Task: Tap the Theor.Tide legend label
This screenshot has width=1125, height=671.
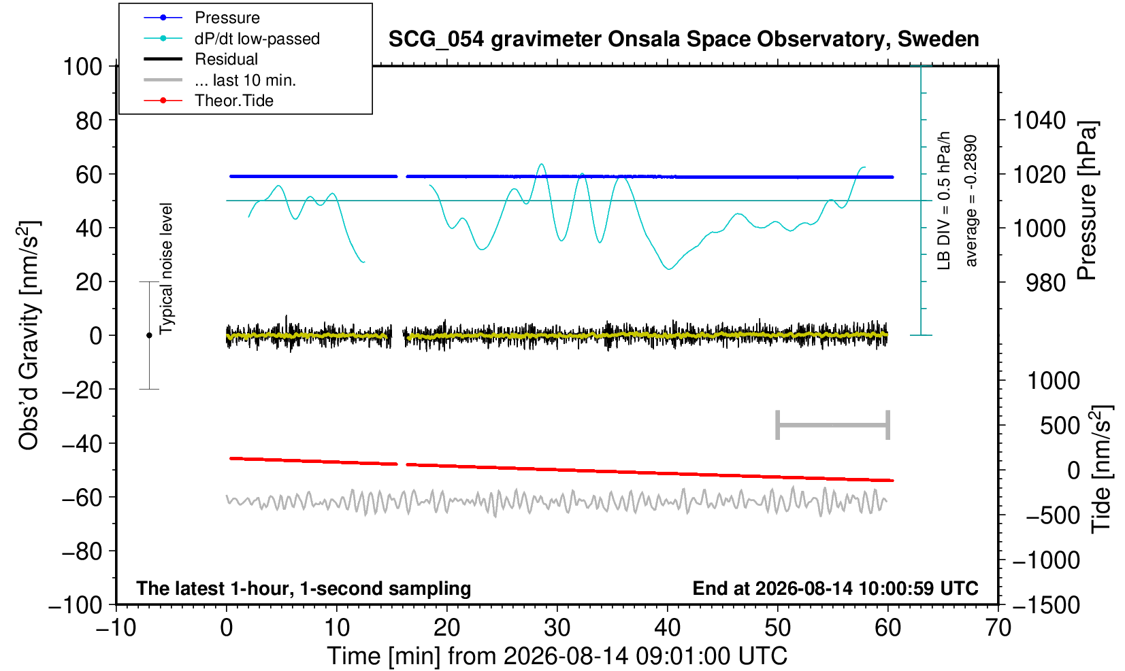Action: [234, 101]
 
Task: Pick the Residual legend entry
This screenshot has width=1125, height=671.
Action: [226, 59]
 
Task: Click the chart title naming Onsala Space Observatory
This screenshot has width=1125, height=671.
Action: [683, 39]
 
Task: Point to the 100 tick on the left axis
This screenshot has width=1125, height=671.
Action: [82, 67]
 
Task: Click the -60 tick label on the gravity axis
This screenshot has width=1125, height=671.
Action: [82, 498]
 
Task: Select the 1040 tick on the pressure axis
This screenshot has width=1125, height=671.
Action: [1039, 120]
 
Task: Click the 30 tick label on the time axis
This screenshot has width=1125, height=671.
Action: [557, 628]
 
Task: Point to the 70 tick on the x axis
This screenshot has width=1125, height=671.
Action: [998, 628]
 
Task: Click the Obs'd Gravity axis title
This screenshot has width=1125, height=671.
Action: [29, 335]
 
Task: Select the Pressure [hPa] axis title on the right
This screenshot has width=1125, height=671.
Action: [1086, 201]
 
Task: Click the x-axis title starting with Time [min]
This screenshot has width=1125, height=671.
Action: [557, 656]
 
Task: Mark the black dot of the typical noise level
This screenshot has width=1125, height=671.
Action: [149, 335]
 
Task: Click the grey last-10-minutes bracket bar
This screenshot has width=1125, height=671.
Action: [833, 425]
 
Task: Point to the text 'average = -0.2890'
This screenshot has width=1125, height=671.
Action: [971, 201]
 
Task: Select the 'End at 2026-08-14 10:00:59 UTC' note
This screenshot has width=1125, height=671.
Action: [835, 588]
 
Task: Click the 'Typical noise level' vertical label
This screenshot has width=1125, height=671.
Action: [166, 269]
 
